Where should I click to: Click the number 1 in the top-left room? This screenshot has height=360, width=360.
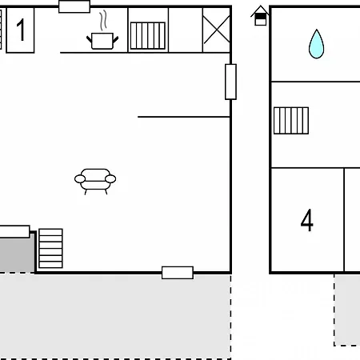(x=21, y=30)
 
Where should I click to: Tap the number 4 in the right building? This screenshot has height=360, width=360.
(x=307, y=220)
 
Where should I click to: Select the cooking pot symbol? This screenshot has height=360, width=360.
(x=102, y=41)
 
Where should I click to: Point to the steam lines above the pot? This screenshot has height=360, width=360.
(x=103, y=20)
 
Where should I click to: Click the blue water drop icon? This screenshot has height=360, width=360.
(x=316, y=44)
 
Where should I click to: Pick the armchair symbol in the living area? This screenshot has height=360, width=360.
(x=95, y=182)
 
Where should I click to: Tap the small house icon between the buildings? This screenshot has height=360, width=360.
(x=260, y=15)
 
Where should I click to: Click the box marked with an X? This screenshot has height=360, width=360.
(x=217, y=30)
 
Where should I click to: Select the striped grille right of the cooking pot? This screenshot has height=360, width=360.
(x=148, y=36)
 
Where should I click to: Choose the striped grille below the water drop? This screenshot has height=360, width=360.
(x=291, y=121)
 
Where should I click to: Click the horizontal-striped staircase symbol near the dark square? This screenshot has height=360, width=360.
(x=50, y=248)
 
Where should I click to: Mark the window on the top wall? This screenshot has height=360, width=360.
(x=74, y=6)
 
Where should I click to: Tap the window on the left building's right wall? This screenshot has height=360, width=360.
(x=230, y=82)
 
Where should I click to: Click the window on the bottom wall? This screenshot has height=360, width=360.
(x=178, y=273)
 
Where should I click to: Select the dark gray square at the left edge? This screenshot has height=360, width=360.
(x=17, y=254)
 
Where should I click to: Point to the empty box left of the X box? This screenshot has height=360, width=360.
(x=186, y=30)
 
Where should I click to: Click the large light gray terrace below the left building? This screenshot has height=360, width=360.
(x=115, y=316)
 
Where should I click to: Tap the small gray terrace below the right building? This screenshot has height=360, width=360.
(x=347, y=310)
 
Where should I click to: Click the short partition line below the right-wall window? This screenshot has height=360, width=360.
(x=184, y=117)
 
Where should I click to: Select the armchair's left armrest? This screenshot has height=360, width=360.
(x=80, y=179)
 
